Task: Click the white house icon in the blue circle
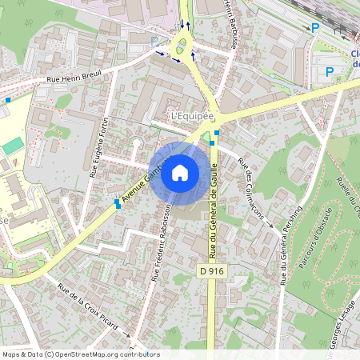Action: (x=179, y=173)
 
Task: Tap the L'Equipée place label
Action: (x=193, y=116)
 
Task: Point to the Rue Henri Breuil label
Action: (x=74, y=78)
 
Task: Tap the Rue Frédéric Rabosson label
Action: (x=162, y=241)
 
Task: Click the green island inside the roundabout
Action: (x=183, y=44)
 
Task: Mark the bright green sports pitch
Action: (x=12, y=146)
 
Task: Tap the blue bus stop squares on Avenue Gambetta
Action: (x=118, y=203)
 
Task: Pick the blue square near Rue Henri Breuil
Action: (x=8, y=100)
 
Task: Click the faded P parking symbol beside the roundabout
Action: (x=154, y=40)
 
